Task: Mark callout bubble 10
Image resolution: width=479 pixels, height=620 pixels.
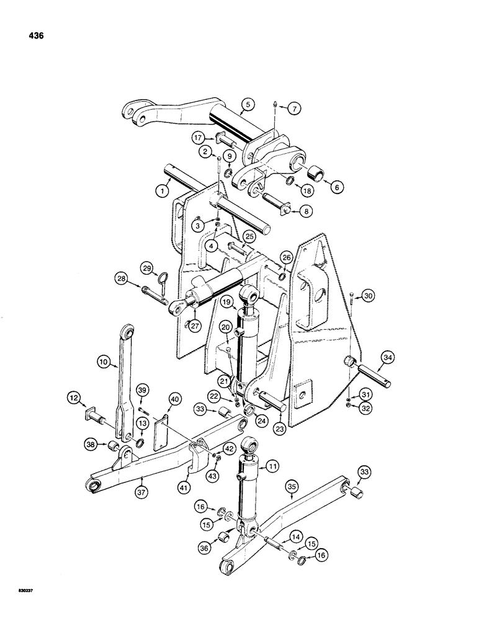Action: (104, 360)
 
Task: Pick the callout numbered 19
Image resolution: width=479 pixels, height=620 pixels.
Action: (225, 303)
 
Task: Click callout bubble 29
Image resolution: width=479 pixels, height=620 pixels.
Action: (148, 268)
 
